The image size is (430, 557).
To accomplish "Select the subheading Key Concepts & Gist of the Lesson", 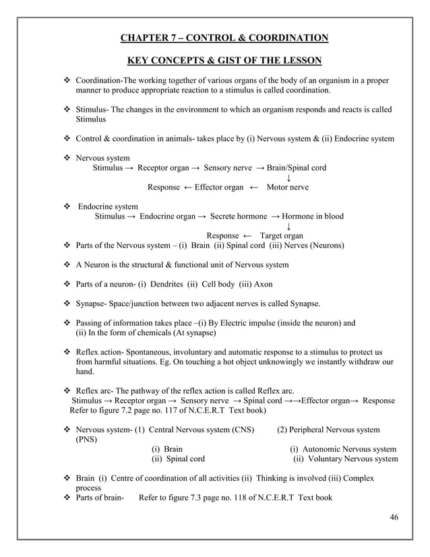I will point(224,61).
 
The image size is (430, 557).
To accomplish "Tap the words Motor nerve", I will point(288,187).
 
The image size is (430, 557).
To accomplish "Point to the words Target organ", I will point(281,235).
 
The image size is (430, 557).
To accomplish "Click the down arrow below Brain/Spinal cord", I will point(288,177).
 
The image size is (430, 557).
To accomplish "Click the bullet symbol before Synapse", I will point(67,303).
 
